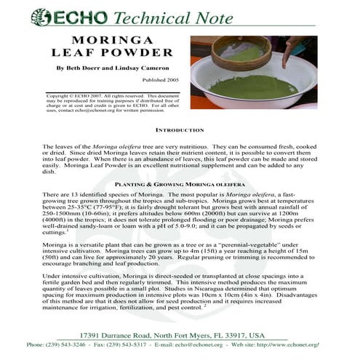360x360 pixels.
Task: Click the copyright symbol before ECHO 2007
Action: point(49,95)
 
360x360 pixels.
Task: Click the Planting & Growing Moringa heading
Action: point(180,185)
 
